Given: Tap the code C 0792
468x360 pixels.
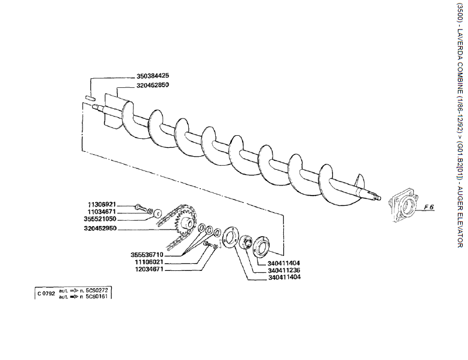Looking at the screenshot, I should click(46, 293).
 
